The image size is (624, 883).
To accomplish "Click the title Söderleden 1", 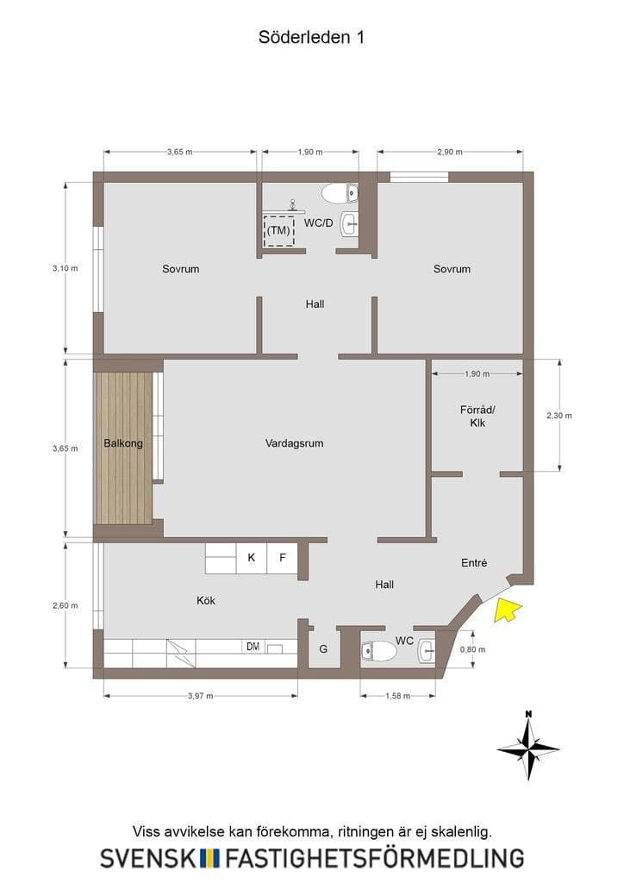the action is [x=311, y=37].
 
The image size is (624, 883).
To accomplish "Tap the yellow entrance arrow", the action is [x=507, y=610].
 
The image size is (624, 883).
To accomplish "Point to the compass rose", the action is [x=528, y=746].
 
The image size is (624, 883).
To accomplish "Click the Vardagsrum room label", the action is [x=294, y=443].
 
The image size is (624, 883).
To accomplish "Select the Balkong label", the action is [x=123, y=443].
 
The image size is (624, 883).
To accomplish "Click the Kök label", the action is [x=206, y=600].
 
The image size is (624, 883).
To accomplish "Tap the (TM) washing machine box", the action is [x=279, y=230].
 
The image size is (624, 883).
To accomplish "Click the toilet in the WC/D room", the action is [x=340, y=194].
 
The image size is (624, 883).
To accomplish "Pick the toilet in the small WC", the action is [x=378, y=652].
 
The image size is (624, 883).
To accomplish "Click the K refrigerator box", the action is [x=252, y=558].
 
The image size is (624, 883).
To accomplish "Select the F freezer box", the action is [x=283, y=558].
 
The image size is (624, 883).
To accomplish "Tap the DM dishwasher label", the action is [x=253, y=647].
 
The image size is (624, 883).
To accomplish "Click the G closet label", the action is [x=323, y=649].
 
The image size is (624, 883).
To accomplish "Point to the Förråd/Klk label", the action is [x=477, y=416].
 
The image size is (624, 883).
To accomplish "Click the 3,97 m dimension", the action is [x=200, y=696].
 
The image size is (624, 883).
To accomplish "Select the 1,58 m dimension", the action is [x=398, y=696].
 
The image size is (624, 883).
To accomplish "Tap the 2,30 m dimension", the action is [x=559, y=416].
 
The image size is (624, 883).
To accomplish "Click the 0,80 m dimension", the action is [x=472, y=649].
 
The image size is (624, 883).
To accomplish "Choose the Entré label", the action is [x=474, y=562].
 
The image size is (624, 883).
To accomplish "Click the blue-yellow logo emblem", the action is [x=210, y=858].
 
